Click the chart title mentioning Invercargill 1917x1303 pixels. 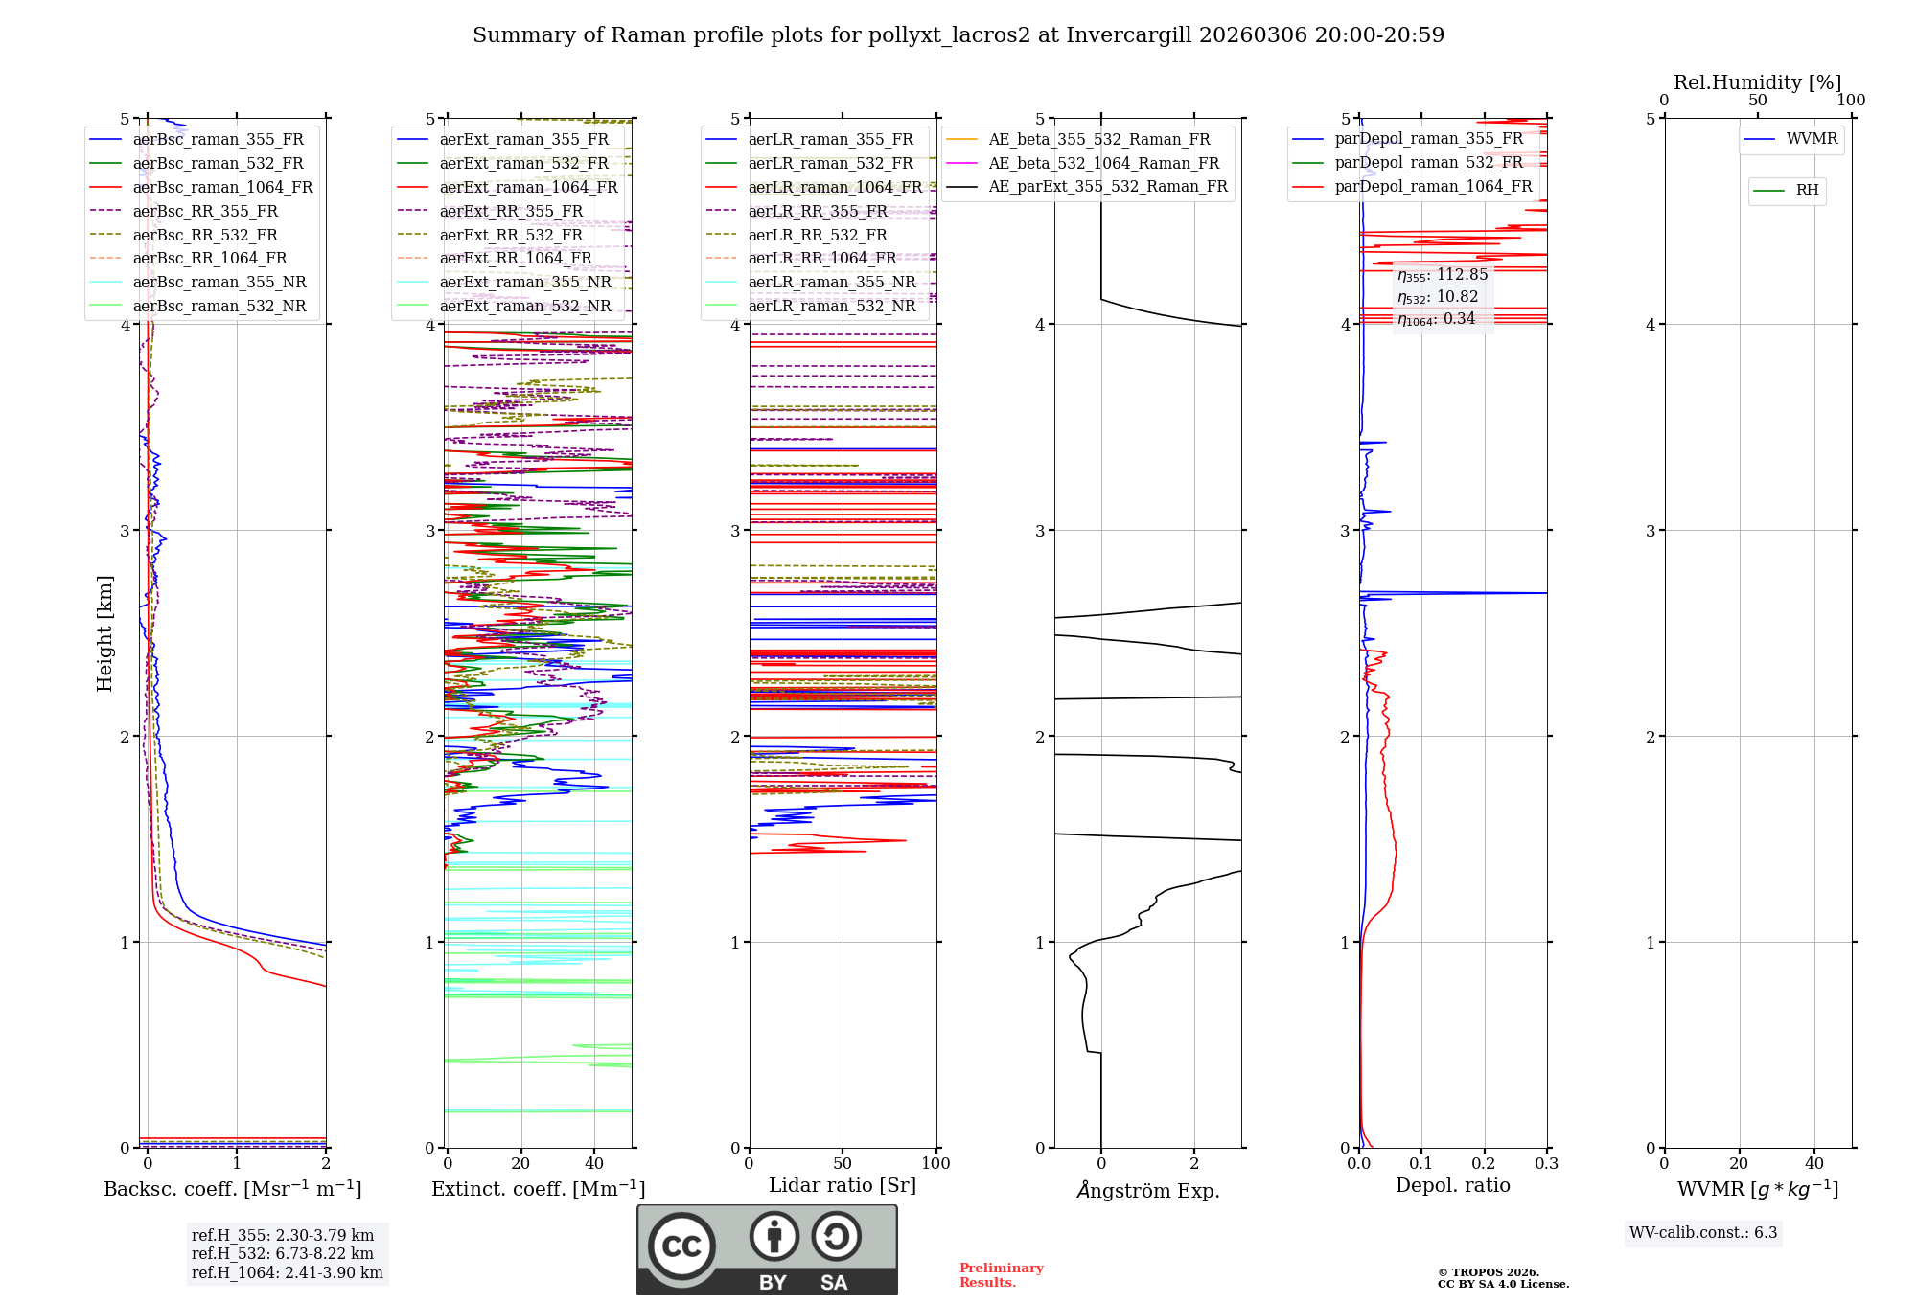click(958, 35)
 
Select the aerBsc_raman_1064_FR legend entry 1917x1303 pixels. click(222, 187)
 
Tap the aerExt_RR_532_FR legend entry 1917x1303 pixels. click(511, 235)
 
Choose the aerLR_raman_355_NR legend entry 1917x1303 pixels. click(832, 282)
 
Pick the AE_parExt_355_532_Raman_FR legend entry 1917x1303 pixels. click(1107, 186)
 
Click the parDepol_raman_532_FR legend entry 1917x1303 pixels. click(1428, 163)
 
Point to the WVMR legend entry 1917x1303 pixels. click(1811, 139)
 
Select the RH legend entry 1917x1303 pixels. click(1807, 191)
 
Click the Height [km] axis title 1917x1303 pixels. click(104, 633)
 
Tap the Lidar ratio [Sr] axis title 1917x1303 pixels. click(843, 1185)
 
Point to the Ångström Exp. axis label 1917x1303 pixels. click(1148, 1191)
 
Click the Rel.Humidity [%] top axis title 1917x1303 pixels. click(1757, 82)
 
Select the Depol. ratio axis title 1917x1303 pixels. click(1452, 1185)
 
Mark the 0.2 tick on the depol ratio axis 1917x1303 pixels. click(1484, 1163)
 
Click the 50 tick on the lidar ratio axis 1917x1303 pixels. click(843, 1163)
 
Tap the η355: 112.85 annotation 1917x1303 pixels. click(1442, 275)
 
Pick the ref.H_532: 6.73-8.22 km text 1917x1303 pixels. click(283, 1253)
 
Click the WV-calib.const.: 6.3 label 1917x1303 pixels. click(1703, 1233)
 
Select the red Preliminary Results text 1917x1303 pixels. click(1001, 1274)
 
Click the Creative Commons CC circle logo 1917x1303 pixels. click(681, 1246)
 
